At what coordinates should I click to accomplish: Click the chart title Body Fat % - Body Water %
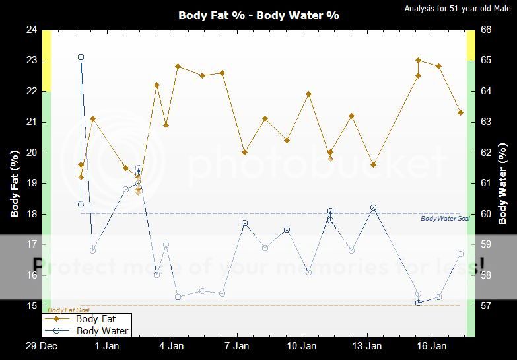pos(258,15)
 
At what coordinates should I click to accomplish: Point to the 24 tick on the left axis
pos(32,30)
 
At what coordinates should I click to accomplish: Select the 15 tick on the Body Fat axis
pos(32,306)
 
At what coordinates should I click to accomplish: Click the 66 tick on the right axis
pos(485,30)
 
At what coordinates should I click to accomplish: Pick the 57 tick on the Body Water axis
pos(485,306)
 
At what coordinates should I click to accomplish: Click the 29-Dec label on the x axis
pos(41,345)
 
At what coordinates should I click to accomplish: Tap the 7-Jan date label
pos(236,345)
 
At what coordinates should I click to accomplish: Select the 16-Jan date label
pos(431,345)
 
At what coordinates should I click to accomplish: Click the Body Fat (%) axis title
pos(15,183)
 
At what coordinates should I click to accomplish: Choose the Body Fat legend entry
pos(96,319)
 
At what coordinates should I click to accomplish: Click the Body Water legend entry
pos(102,331)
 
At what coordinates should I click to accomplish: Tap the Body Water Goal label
pos(445,219)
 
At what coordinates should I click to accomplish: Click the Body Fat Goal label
pos(69,310)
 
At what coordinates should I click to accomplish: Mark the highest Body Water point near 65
pos(81,57)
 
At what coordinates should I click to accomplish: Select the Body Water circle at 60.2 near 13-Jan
pos(373,207)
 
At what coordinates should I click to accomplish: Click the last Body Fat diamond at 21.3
pos(460,112)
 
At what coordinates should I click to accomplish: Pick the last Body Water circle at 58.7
pos(460,254)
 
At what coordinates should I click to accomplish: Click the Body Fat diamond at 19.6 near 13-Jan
pos(373,164)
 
